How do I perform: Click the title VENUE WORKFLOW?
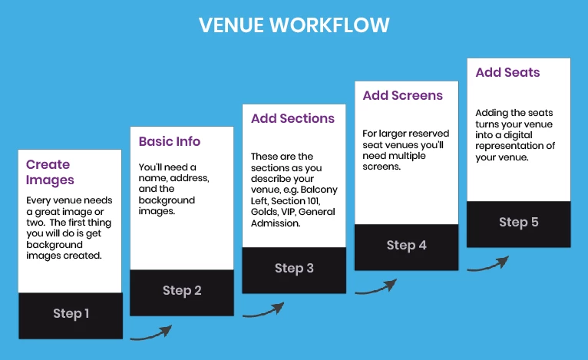click(x=294, y=25)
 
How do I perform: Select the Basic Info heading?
click(x=169, y=141)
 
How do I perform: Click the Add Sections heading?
click(x=292, y=119)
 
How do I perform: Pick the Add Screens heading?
click(x=402, y=96)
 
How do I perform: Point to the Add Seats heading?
click(x=507, y=73)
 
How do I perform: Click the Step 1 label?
click(x=71, y=313)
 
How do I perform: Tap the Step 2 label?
click(x=182, y=290)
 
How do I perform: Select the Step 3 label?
click(x=294, y=268)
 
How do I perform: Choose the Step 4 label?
click(x=406, y=245)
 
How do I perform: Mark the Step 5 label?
click(x=518, y=223)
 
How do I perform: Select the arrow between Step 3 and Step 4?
click(x=375, y=286)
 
